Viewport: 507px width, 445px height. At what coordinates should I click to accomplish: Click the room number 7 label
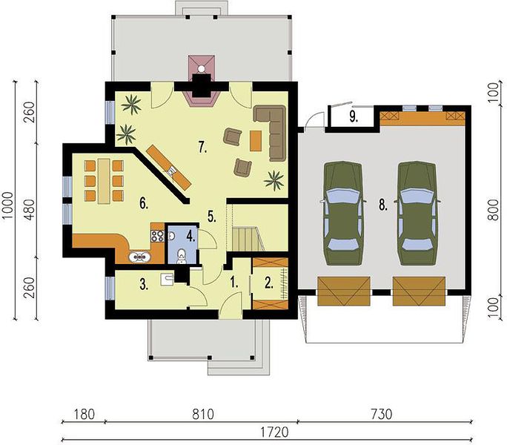203,148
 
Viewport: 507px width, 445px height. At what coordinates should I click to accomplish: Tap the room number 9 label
354,117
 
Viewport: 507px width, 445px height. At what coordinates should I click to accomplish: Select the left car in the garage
342,214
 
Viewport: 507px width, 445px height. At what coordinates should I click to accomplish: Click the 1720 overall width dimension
274,432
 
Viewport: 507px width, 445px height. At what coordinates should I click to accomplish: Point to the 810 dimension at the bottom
203,415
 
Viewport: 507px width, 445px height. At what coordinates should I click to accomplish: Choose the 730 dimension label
382,415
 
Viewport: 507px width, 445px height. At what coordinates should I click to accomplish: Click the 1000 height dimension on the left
7,205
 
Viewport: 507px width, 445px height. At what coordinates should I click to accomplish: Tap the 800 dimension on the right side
494,210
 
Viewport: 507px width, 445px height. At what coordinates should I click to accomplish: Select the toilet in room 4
182,255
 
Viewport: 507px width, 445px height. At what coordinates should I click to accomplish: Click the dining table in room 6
104,181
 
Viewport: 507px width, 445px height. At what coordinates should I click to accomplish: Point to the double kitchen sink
139,257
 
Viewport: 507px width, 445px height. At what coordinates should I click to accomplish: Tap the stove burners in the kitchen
157,236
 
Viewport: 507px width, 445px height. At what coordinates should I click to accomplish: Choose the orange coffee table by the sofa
256,140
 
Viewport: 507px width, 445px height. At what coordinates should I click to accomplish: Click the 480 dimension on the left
30,210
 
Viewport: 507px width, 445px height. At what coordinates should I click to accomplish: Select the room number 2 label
269,283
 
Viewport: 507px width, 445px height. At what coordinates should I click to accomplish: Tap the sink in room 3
167,280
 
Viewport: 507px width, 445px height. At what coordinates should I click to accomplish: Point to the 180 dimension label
84,415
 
